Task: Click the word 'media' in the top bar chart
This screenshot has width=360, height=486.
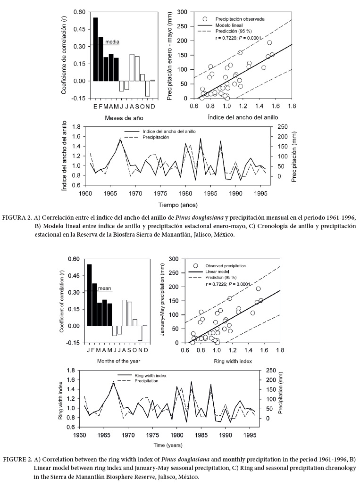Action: click(112, 41)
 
